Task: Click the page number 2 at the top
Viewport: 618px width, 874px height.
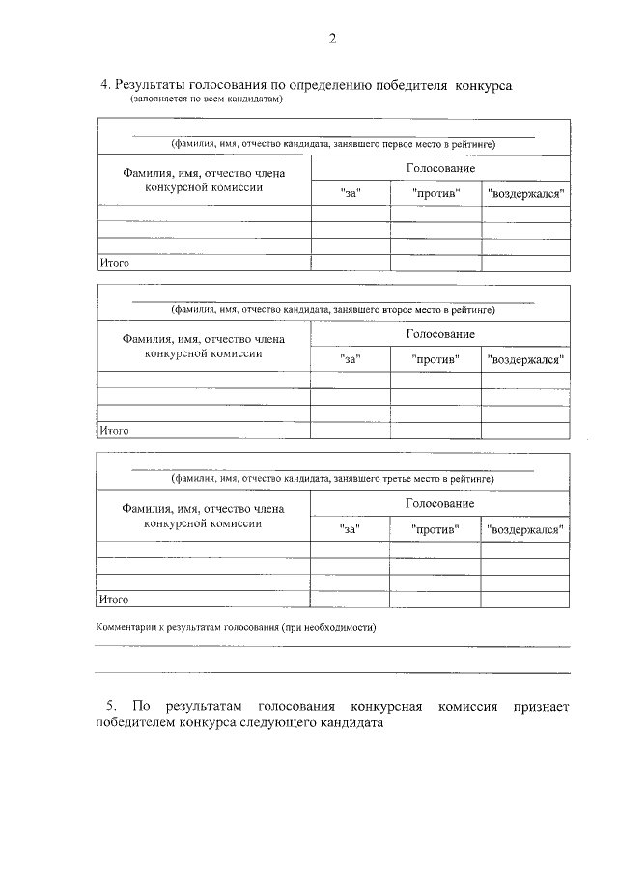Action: click(332, 40)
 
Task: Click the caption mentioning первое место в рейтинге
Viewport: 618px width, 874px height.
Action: click(333, 144)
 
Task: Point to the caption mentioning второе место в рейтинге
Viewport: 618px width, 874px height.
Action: click(333, 310)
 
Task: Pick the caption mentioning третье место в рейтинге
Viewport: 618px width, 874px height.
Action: click(333, 478)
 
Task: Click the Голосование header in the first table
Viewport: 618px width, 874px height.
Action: click(439, 167)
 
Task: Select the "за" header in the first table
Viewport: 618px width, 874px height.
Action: click(351, 193)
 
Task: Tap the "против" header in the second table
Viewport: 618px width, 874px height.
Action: click(435, 359)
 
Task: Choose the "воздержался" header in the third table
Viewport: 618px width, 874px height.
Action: click(526, 529)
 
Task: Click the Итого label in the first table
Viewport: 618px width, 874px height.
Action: click(114, 262)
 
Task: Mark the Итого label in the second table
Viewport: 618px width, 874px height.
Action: click(114, 430)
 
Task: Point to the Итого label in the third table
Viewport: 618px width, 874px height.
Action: click(114, 599)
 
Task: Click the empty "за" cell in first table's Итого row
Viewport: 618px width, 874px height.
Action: click(350, 262)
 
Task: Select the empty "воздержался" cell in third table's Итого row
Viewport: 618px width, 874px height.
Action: click(525, 599)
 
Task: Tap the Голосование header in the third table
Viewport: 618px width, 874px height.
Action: click(439, 503)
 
